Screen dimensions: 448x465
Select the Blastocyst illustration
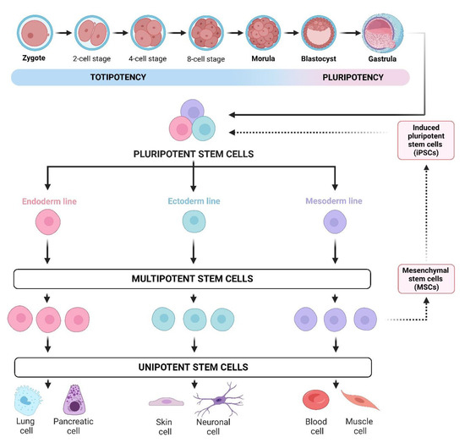tap(319, 32)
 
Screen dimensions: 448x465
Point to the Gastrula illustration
tap(379, 32)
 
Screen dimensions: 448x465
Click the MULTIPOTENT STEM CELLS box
tap(194, 278)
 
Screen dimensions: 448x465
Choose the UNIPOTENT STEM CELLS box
tap(194, 368)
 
